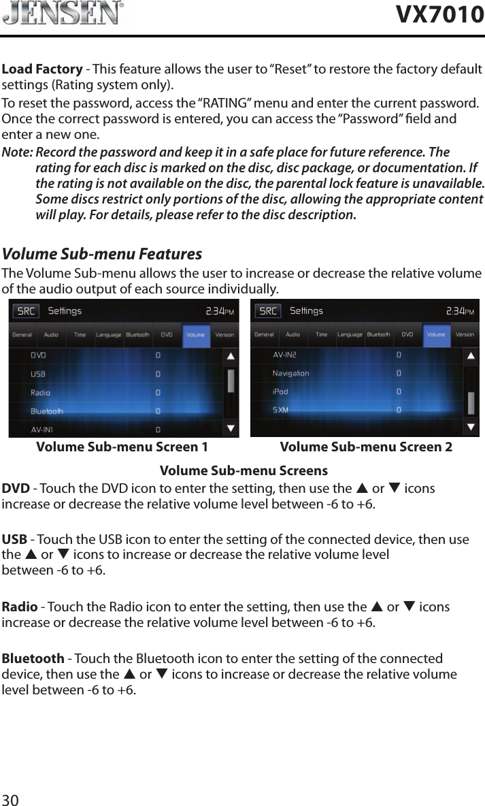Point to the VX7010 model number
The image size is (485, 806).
[440, 14]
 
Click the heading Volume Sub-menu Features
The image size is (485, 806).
[103, 255]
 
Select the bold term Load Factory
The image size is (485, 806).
[42, 69]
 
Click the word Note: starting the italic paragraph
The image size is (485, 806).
[18, 152]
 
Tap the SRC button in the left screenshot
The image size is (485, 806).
[27, 311]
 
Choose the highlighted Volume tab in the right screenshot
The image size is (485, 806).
[435, 334]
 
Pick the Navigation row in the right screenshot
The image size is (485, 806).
[290, 373]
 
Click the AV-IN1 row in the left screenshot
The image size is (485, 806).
[42, 430]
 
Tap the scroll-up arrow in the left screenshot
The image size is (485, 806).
[231, 356]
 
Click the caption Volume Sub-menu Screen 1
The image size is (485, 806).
[122, 447]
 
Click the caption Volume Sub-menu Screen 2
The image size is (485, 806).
[366, 447]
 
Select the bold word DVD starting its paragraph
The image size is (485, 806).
[16, 489]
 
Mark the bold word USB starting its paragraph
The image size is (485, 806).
[14, 540]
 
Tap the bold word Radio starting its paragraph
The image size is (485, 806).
[20, 607]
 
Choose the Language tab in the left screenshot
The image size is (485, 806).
[108, 334]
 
